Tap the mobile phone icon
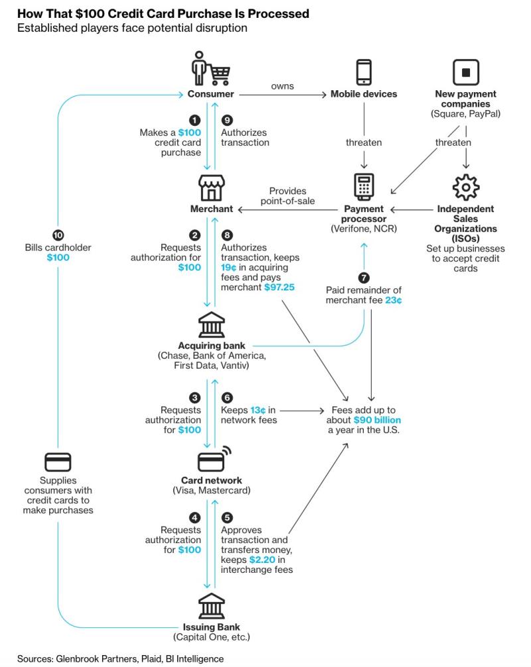[x=364, y=72]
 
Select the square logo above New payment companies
[x=465, y=72]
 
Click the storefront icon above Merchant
[x=211, y=187]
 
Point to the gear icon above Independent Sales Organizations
[x=465, y=187]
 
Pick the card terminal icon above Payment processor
[x=364, y=187]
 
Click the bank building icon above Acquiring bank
[x=211, y=325]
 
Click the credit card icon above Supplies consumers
[x=58, y=462]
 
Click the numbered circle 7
[x=364, y=278]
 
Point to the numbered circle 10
[x=58, y=235]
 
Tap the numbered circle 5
[x=227, y=517]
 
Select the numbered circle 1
[x=194, y=120]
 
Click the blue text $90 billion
[x=377, y=420]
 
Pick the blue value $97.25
[x=279, y=287]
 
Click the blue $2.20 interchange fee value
[x=262, y=560]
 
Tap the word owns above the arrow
[x=282, y=86]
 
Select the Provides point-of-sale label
[x=288, y=196]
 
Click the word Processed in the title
[x=279, y=14]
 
